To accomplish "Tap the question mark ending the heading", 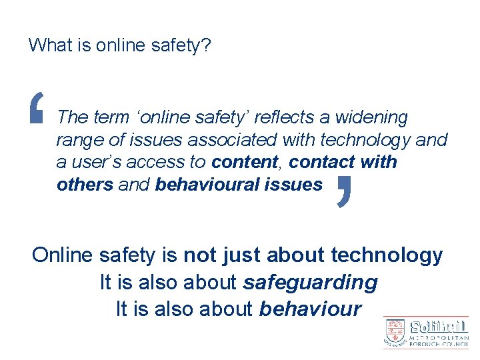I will point(208,45).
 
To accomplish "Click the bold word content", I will point(244,162).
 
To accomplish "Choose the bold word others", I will point(85,184).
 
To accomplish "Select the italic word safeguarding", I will point(311,283).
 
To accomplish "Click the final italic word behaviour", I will point(311,309).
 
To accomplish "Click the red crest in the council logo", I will point(395,331).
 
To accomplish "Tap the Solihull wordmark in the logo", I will point(439,327).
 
